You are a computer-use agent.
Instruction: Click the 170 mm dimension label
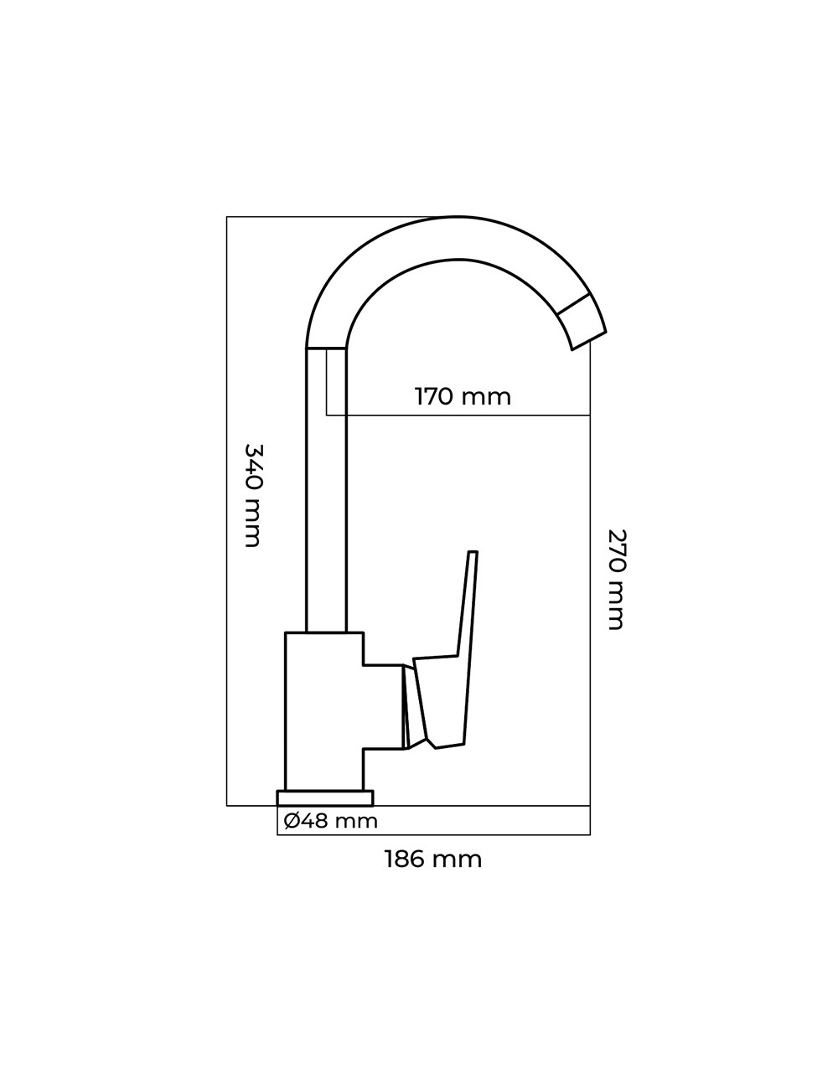pyautogui.click(x=463, y=396)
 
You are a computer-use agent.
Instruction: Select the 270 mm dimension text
pyautogui.click(x=617, y=578)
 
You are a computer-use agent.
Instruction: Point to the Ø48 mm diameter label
pyautogui.click(x=330, y=821)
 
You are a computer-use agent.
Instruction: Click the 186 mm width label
pyautogui.click(x=432, y=859)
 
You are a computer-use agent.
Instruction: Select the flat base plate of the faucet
pyautogui.click(x=325, y=797)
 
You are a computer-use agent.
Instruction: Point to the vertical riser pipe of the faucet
pyautogui.click(x=326, y=490)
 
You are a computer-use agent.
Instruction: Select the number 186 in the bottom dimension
pyautogui.click(x=406, y=859)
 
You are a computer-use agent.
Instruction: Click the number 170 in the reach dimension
pyautogui.click(x=434, y=396)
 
